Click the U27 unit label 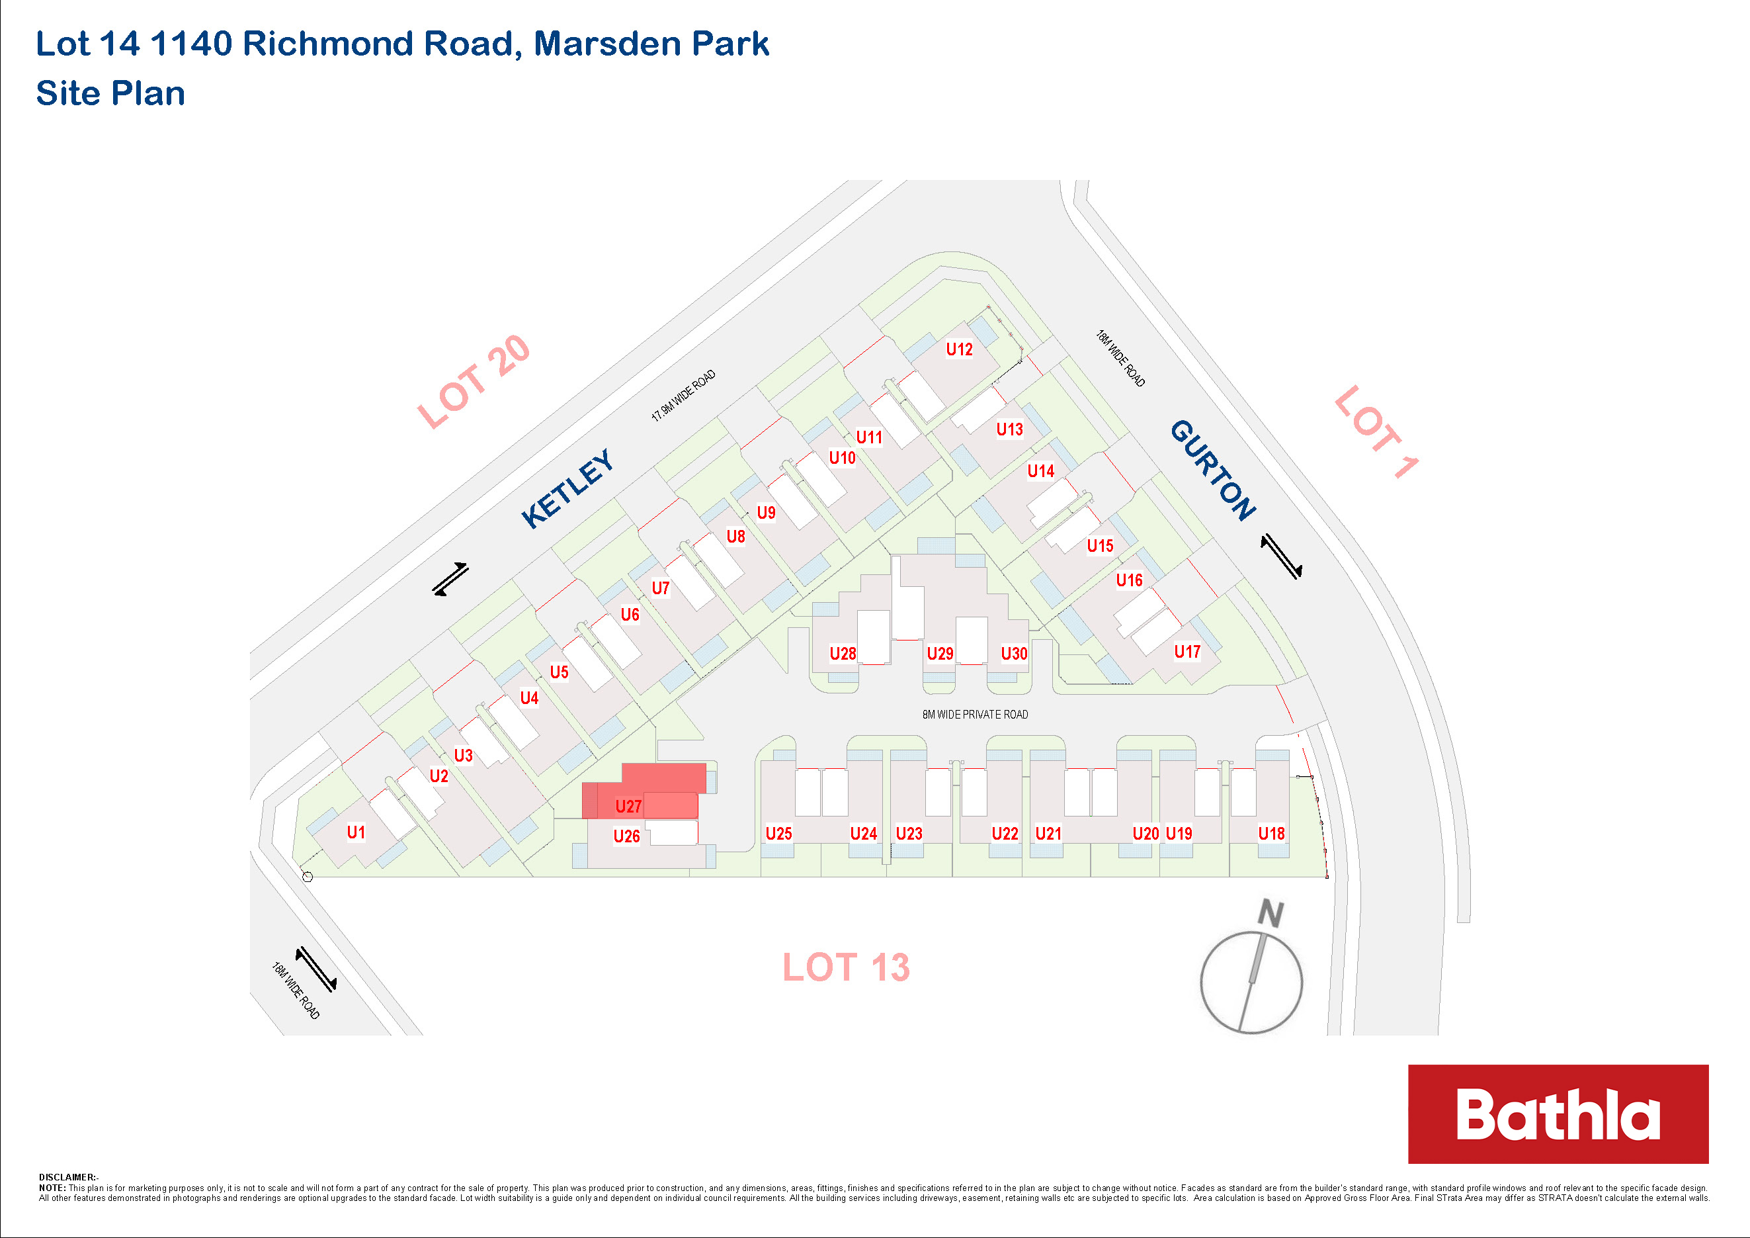click(628, 807)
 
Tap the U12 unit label click(959, 349)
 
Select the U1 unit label click(356, 832)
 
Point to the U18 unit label click(1271, 834)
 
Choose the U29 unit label click(940, 654)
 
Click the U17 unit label click(1187, 652)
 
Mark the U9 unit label click(766, 512)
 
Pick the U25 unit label click(778, 834)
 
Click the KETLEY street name click(568, 488)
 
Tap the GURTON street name click(1213, 470)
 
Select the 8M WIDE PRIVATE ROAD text click(975, 715)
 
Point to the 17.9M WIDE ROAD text click(683, 396)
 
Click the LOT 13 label click(846, 967)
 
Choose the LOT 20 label click(474, 382)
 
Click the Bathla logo click(1558, 1114)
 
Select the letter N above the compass click(1271, 913)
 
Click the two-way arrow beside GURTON click(1281, 556)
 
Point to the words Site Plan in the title click(110, 94)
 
